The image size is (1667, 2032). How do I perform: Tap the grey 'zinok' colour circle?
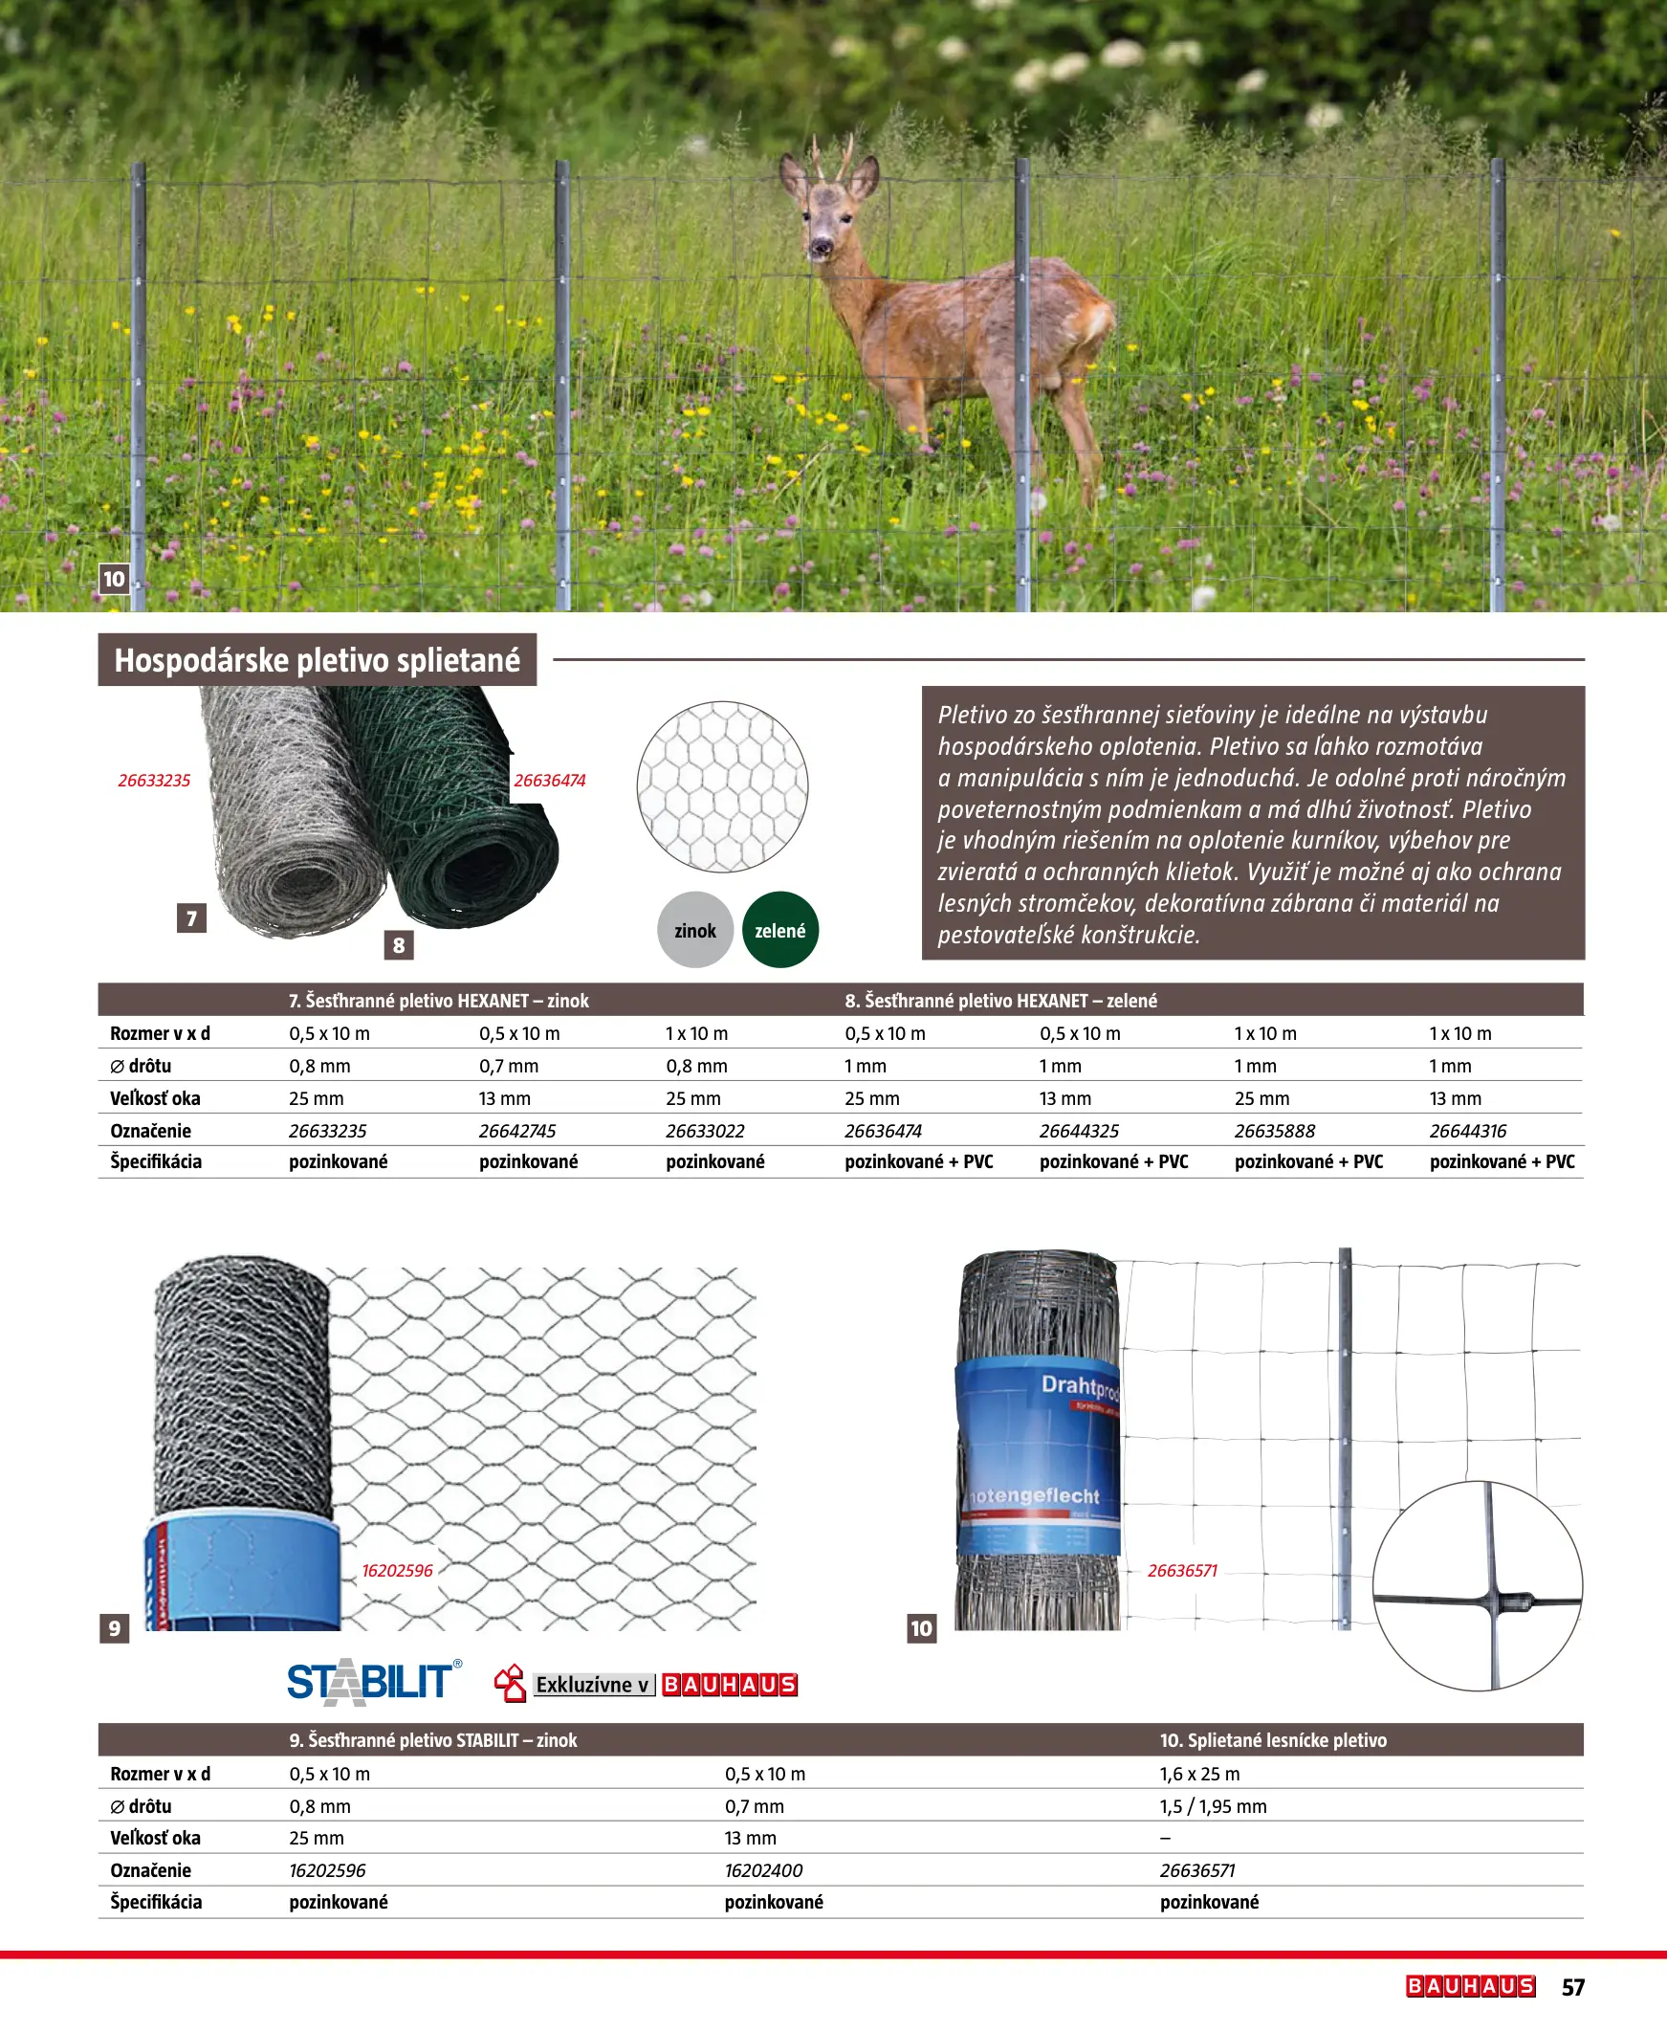(694, 930)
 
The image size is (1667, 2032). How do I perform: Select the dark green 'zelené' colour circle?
(779, 930)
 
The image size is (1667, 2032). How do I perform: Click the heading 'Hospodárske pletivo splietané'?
(317, 660)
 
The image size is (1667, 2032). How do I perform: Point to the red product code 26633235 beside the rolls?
(154, 781)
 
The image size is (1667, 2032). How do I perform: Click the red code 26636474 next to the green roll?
(549, 781)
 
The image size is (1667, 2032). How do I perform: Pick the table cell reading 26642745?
(517, 1131)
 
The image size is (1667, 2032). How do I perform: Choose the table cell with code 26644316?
(1467, 1131)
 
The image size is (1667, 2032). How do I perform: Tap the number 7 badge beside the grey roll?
(191, 918)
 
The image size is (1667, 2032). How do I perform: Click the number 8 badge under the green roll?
(399, 945)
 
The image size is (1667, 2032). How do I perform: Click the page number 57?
(1573, 1987)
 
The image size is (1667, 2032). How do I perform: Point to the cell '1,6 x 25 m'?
(1199, 1774)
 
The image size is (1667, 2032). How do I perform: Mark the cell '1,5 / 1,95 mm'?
(1213, 1806)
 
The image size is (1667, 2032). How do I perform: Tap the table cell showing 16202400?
(763, 1870)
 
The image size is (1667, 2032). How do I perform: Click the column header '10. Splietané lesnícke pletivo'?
(1272, 1740)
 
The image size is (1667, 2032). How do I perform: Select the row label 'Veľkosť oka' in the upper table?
(155, 1098)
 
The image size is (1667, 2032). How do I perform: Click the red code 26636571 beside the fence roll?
(1182, 1570)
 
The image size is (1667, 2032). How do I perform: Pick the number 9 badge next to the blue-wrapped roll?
(114, 1627)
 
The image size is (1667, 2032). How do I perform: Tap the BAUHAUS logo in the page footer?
(1470, 1986)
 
